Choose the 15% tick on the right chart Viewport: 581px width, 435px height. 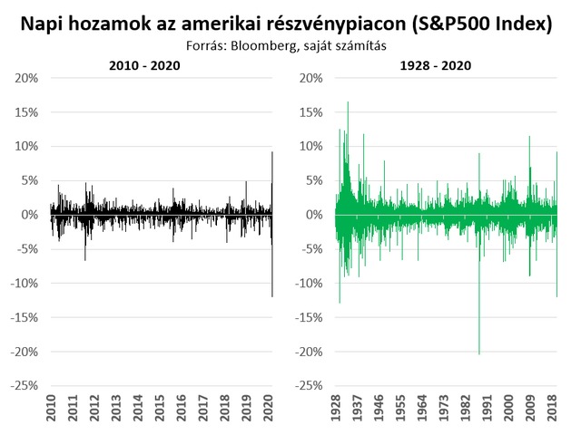[309, 112]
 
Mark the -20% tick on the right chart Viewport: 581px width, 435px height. [306, 351]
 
